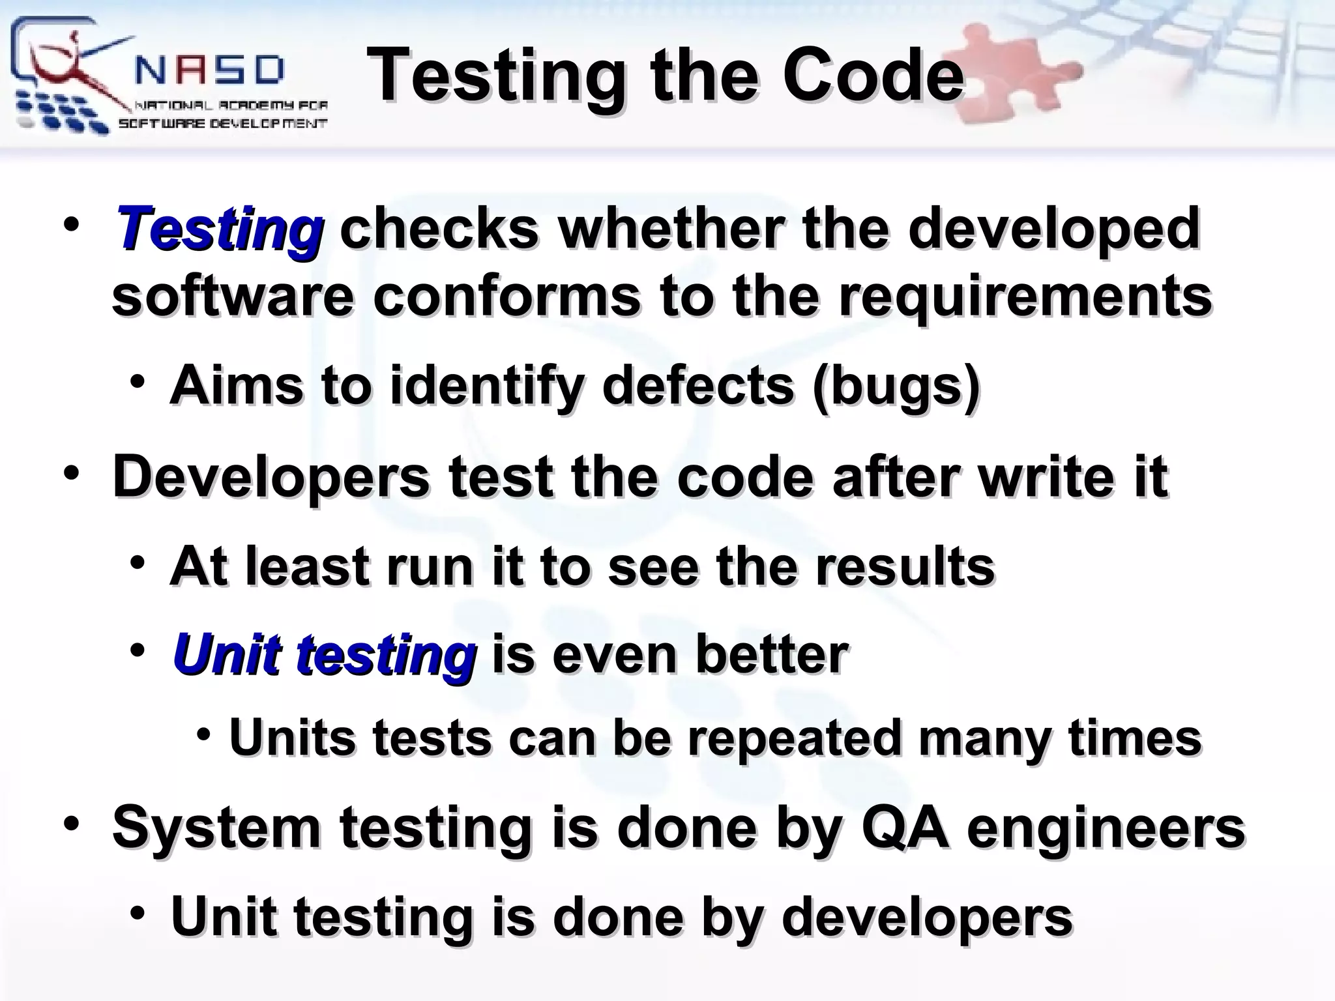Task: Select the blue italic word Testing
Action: tap(219, 229)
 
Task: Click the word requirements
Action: tap(1024, 297)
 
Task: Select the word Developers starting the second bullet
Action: tap(271, 477)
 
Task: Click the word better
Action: tap(772, 654)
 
